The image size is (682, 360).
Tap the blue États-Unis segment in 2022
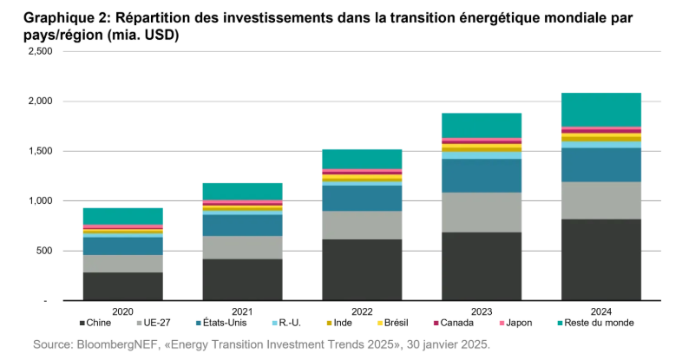coord(361,198)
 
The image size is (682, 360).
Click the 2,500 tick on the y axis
coord(41,52)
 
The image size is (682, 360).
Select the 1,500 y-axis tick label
coord(41,152)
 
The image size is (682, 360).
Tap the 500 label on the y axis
coord(45,252)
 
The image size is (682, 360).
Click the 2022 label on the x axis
coord(361,311)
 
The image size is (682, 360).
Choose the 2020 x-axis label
coord(122,311)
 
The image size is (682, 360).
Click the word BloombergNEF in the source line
coord(120,345)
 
